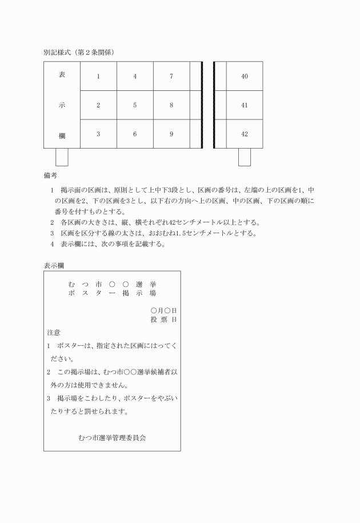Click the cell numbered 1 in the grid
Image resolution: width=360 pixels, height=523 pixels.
point(98,76)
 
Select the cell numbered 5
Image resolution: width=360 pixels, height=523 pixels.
point(135,105)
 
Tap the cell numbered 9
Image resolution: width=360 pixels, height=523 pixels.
point(171,134)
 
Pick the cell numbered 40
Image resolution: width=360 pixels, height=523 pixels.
point(245,76)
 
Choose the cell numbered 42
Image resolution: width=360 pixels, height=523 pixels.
point(245,134)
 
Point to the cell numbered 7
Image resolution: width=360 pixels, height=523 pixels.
point(171,76)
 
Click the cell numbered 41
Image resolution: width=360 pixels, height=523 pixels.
point(245,105)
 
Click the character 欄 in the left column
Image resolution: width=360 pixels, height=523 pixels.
point(62,135)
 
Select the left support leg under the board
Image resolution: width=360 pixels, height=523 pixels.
point(62,157)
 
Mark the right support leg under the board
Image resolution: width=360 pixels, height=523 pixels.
point(245,157)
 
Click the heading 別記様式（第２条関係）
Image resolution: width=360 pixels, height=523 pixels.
point(79,52)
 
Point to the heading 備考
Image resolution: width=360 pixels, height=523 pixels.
point(50,175)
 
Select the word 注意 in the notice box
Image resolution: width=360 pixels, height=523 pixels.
point(54,332)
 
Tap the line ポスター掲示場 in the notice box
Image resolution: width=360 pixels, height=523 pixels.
point(112,293)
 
